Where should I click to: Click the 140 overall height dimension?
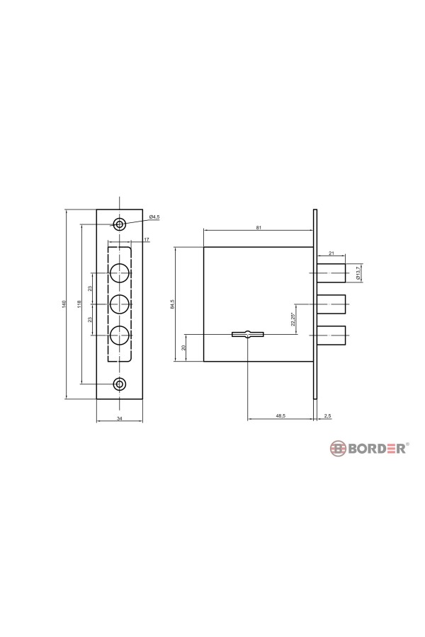pyautogui.click(x=64, y=304)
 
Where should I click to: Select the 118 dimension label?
pyautogui.click(x=79, y=304)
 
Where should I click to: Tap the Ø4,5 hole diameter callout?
pyautogui.click(x=154, y=217)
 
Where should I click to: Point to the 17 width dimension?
pyautogui.click(x=146, y=239)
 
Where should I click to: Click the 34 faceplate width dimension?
pyautogui.click(x=119, y=418)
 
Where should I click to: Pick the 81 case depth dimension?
pyautogui.click(x=259, y=227)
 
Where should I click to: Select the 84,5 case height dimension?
pyautogui.click(x=172, y=304)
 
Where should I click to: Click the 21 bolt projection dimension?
pyautogui.click(x=331, y=253)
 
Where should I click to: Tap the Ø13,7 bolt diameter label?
pyautogui.click(x=358, y=272)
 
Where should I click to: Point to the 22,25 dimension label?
pyautogui.click(x=293, y=319)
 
